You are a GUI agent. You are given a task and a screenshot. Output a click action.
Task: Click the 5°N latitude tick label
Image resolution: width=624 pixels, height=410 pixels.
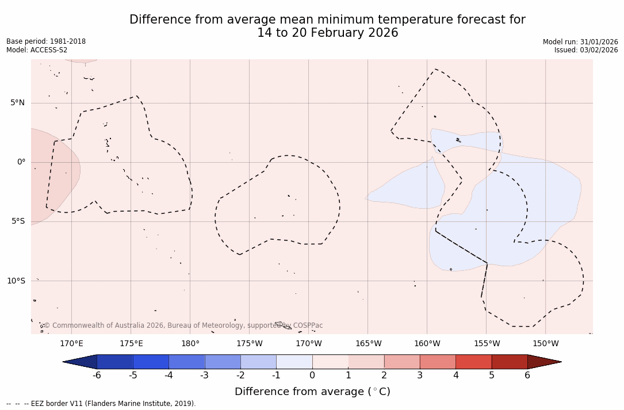(x=17, y=103)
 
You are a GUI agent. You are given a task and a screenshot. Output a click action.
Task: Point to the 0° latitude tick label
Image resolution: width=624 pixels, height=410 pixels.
(x=21, y=162)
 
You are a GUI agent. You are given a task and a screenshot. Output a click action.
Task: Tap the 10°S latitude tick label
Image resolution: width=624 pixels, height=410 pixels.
(x=16, y=281)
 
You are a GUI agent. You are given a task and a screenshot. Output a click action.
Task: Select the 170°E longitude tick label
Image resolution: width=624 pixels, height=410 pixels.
(x=71, y=344)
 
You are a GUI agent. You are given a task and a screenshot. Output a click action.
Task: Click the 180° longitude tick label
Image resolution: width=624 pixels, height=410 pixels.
(x=190, y=344)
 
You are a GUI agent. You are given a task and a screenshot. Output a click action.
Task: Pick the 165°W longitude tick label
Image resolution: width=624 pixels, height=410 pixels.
(x=368, y=344)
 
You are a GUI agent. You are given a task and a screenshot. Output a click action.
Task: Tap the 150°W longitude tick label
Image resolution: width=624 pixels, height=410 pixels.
(x=545, y=344)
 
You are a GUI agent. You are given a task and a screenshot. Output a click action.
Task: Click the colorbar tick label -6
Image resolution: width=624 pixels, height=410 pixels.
(x=97, y=375)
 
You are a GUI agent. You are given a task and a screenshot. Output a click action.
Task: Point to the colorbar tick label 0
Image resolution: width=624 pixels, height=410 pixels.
(x=312, y=375)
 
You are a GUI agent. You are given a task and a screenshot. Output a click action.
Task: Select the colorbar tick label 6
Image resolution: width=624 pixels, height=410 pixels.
(x=527, y=375)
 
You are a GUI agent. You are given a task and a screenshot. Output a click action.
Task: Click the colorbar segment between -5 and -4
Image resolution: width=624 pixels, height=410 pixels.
(x=151, y=362)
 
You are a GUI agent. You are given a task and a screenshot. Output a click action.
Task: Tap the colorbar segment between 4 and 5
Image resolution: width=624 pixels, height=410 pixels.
(x=473, y=362)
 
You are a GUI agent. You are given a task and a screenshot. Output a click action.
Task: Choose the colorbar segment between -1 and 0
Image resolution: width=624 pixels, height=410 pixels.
(x=294, y=362)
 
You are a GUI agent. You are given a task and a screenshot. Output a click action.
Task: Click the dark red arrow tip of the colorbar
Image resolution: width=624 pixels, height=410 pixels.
(x=546, y=362)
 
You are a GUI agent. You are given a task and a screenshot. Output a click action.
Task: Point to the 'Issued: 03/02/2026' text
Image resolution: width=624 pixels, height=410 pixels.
(x=586, y=50)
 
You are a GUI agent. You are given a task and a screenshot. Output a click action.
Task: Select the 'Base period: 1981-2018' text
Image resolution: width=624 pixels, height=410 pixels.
(x=46, y=41)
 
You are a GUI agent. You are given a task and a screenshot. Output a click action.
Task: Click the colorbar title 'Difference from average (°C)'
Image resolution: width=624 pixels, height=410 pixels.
(x=312, y=392)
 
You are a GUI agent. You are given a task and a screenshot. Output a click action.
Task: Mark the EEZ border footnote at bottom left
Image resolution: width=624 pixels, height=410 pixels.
(x=101, y=404)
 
